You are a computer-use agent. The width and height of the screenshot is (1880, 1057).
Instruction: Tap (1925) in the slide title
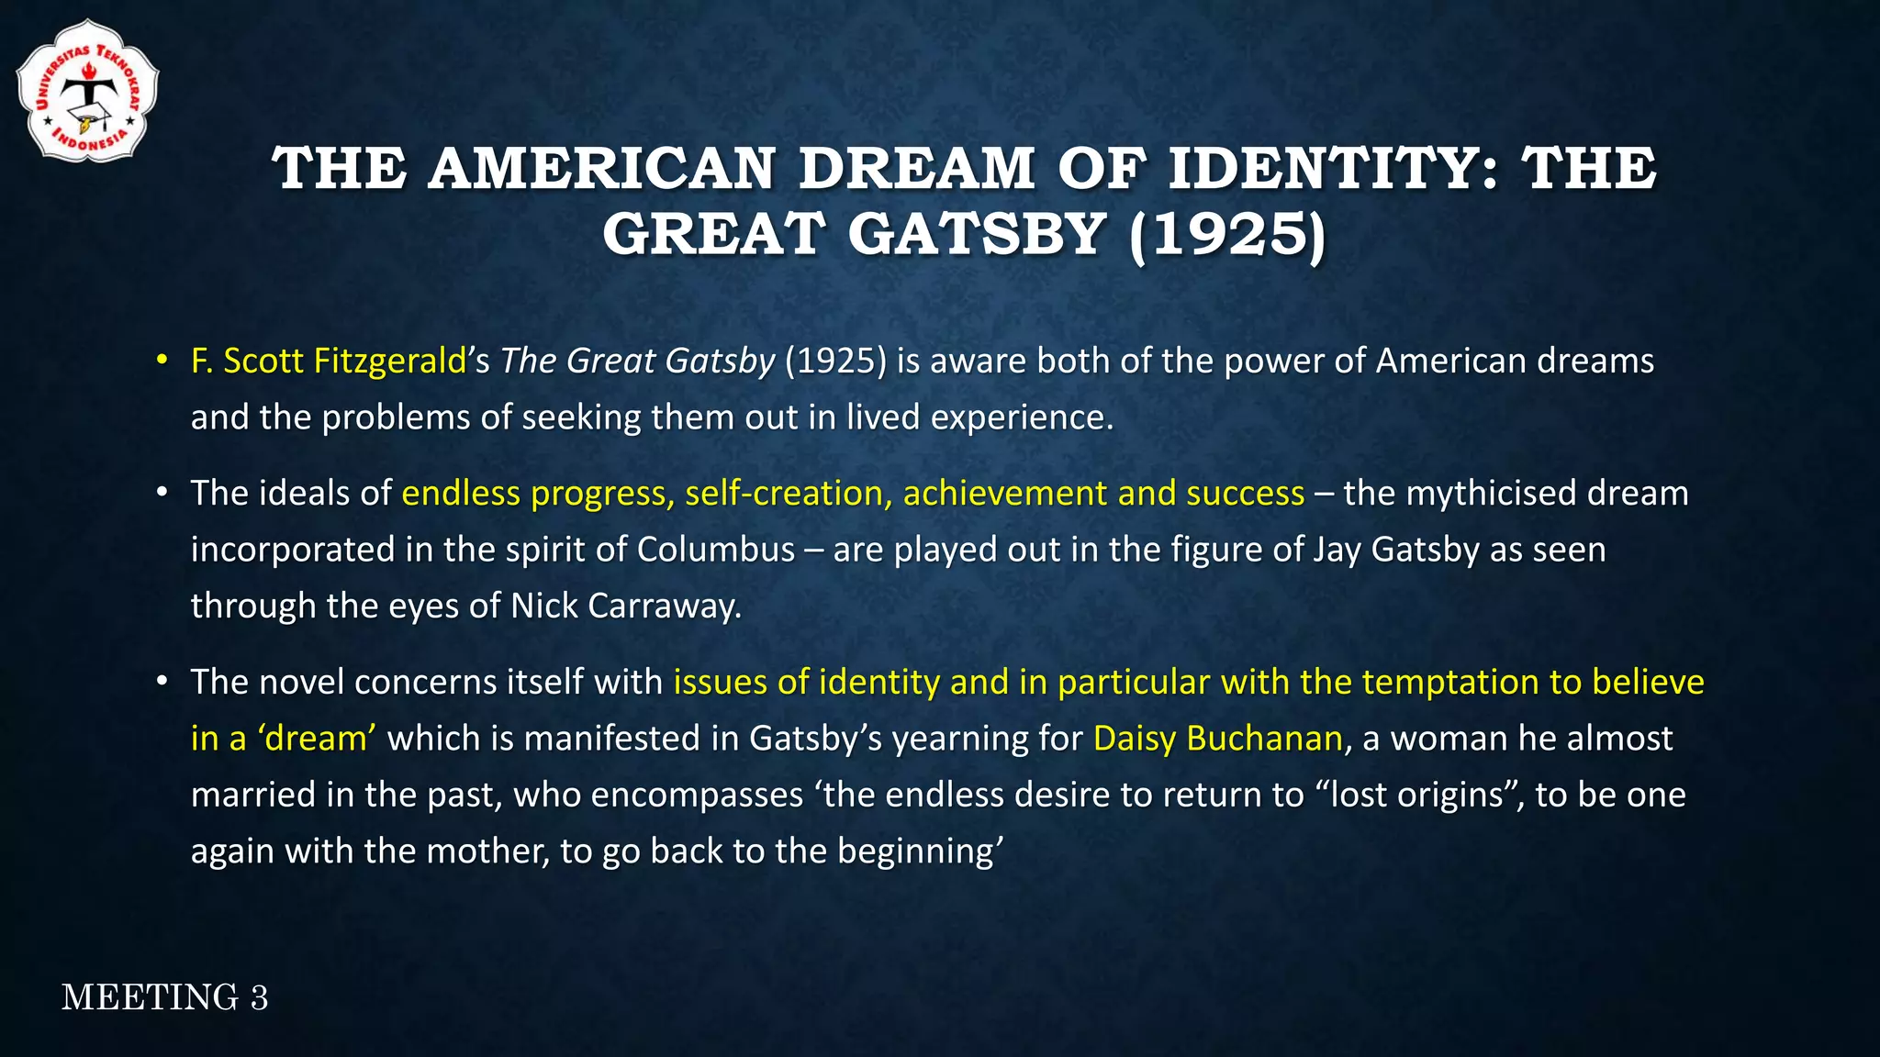click(x=1228, y=235)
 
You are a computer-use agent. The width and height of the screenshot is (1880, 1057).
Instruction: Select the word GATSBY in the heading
click(x=977, y=235)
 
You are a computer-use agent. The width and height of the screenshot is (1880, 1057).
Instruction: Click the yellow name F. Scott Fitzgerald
click(x=329, y=361)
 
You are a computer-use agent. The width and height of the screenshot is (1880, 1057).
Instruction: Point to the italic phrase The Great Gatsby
click(x=637, y=361)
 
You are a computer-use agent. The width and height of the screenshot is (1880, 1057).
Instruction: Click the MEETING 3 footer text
click(x=165, y=997)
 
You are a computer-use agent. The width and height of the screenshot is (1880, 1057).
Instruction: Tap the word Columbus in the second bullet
click(x=716, y=550)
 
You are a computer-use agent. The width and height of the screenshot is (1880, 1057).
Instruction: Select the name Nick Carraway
click(x=624, y=606)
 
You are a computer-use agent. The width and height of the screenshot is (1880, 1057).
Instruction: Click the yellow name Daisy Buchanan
click(x=1217, y=739)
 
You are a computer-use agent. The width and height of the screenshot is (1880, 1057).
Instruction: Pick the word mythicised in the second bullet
click(x=1491, y=494)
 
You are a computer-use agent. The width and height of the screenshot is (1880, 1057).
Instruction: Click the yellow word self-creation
click(x=783, y=494)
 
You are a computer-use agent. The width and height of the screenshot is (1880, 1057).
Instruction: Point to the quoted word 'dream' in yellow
click(x=316, y=739)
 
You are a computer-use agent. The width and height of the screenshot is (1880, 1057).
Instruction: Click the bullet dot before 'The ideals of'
click(x=162, y=494)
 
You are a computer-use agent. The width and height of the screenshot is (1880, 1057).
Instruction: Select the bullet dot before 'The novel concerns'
click(x=162, y=682)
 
